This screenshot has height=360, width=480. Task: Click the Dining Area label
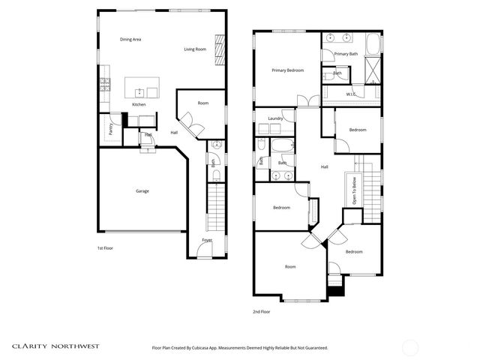coord(131,39)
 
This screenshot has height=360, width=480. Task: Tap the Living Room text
coord(195,49)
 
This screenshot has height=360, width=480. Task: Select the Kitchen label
coord(139,104)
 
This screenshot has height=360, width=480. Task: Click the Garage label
coord(142,190)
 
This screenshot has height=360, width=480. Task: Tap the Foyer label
coord(206,240)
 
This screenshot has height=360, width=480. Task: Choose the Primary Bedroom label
coord(287,70)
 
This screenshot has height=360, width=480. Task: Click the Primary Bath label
coord(346,54)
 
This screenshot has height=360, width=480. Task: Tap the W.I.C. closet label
coord(350,94)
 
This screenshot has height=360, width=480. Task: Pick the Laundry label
coord(274,118)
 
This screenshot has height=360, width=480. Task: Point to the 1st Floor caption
coord(105,247)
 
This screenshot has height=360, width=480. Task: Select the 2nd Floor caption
coord(261,311)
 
